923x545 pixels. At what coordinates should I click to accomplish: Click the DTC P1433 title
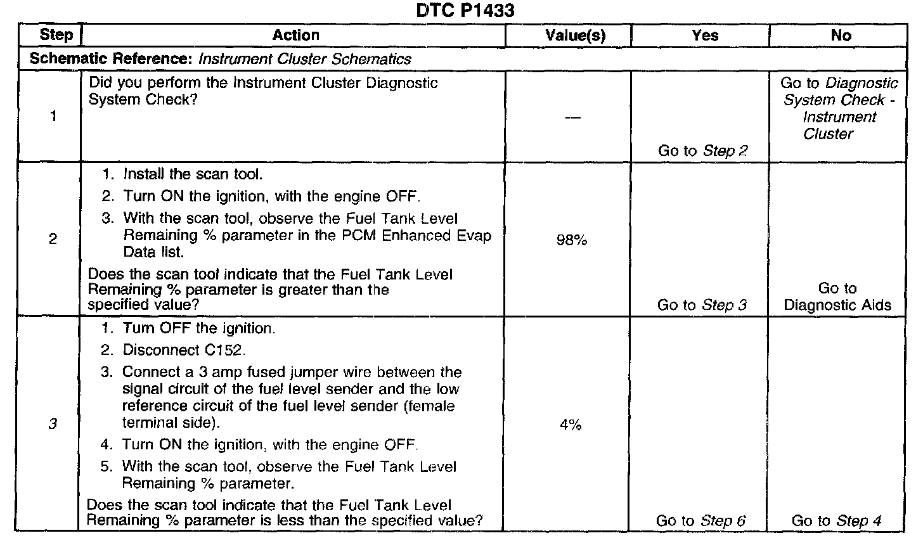pyautogui.click(x=461, y=11)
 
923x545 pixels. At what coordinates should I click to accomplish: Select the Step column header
pyautogui.click(x=56, y=35)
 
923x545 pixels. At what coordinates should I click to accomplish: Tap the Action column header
pyautogui.click(x=295, y=35)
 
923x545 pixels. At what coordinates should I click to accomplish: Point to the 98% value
pyautogui.click(x=572, y=240)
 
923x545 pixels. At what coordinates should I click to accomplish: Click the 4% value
pyautogui.click(x=571, y=425)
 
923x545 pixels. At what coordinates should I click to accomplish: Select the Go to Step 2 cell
pyautogui.click(x=702, y=151)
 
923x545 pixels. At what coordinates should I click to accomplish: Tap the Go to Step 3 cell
pyautogui.click(x=702, y=305)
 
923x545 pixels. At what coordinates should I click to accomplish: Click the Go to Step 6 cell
pyautogui.click(x=700, y=522)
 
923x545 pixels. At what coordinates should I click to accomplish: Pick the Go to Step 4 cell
pyautogui.click(x=836, y=522)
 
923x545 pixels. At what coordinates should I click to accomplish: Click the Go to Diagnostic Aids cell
pyautogui.click(x=837, y=297)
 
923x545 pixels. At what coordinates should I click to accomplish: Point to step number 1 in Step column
pyautogui.click(x=53, y=117)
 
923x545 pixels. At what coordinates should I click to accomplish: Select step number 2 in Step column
pyautogui.click(x=53, y=240)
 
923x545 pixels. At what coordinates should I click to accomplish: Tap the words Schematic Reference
pyautogui.click(x=111, y=60)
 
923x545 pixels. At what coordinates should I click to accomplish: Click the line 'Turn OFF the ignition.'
pyautogui.click(x=198, y=329)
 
